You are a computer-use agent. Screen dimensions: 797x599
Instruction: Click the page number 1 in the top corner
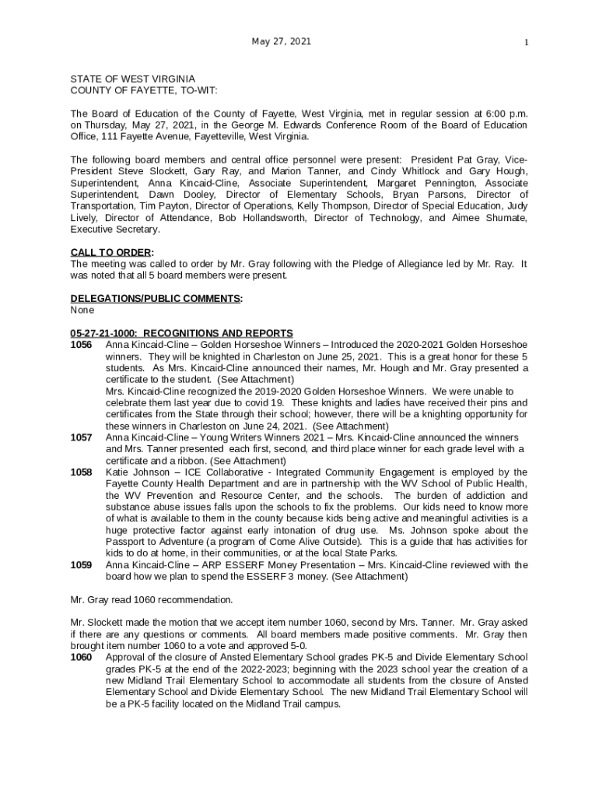(526, 43)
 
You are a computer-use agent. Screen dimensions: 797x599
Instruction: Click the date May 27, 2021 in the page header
(281, 41)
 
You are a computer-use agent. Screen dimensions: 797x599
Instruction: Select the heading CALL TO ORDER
(111, 252)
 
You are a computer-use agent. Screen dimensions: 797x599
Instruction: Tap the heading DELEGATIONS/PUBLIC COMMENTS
(156, 299)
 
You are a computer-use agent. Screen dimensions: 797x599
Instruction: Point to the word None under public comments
(82, 310)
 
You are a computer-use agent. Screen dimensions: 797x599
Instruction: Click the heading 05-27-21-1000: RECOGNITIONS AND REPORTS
(181, 333)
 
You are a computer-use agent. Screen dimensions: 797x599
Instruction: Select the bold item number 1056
(81, 345)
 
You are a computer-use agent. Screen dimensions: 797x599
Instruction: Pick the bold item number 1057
(81, 437)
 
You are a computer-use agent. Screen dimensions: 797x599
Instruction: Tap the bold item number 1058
(81, 472)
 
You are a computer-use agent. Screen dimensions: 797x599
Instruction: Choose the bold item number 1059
(81, 565)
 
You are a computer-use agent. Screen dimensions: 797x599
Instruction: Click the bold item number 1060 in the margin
(81, 658)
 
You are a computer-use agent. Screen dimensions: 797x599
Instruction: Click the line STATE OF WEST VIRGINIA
(133, 79)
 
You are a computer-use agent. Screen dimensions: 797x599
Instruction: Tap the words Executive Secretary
(115, 230)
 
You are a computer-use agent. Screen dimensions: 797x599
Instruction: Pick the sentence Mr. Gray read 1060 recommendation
(151, 600)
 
